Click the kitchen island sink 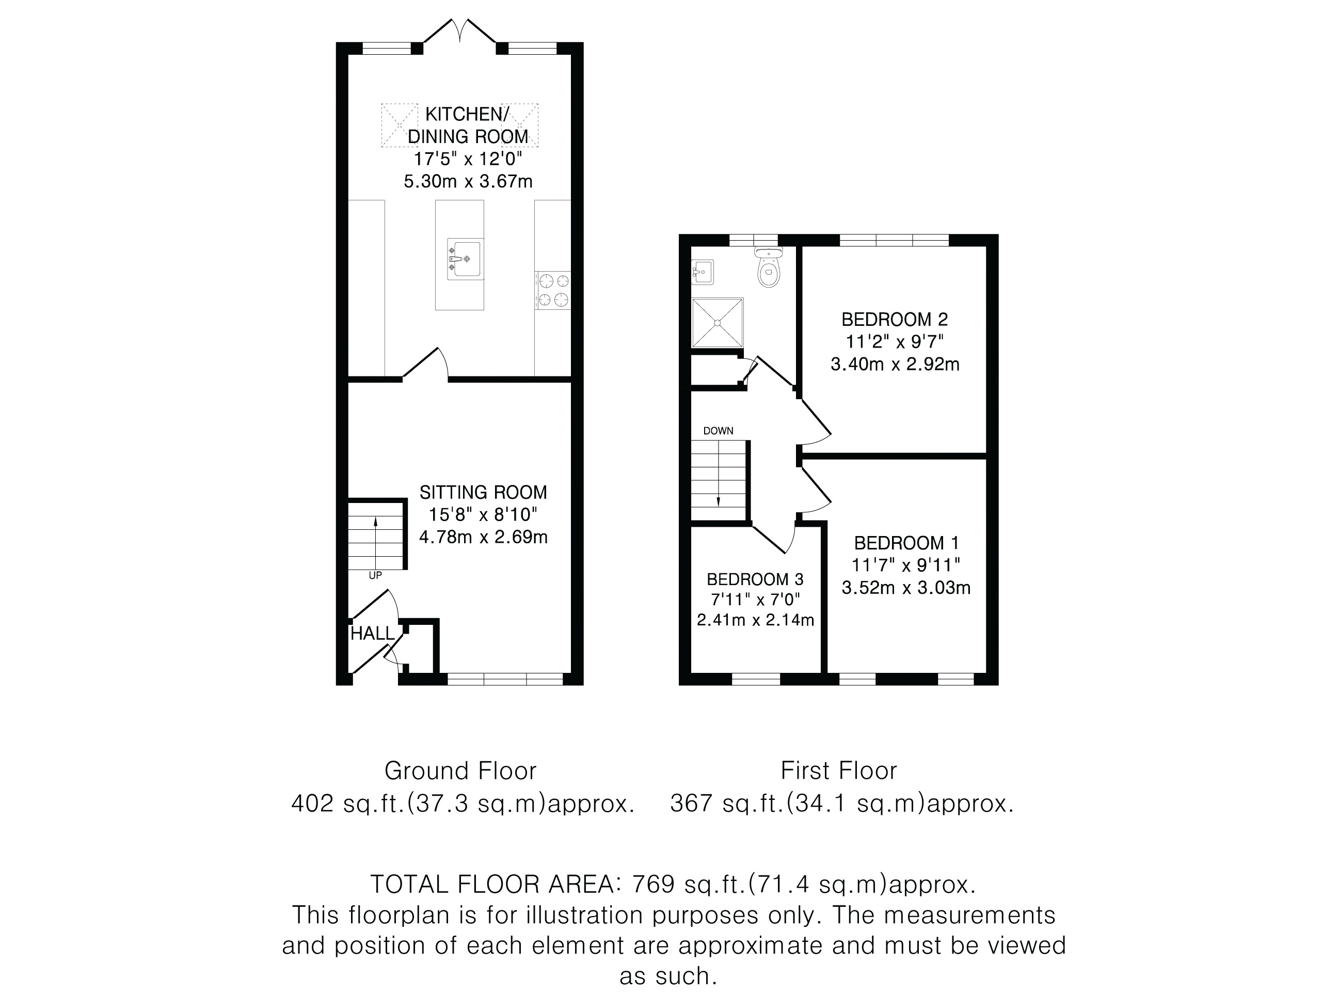(x=465, y=259)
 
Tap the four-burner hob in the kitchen (x=553, y=290)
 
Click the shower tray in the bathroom (x=718, y=323)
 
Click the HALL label (x=373, y=634)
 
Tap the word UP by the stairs (x=375, y=575)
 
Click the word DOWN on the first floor (x=718, y=431)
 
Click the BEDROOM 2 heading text (x=895, y=319)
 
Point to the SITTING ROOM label (x=483, y=492)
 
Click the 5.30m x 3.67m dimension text (x=468, y=181)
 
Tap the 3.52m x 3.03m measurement (x=906, y=588)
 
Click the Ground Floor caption (x=460, y=771)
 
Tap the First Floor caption (x=838, y=771)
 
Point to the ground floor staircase (x=376, y=534)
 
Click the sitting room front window (x=505, y=679)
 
